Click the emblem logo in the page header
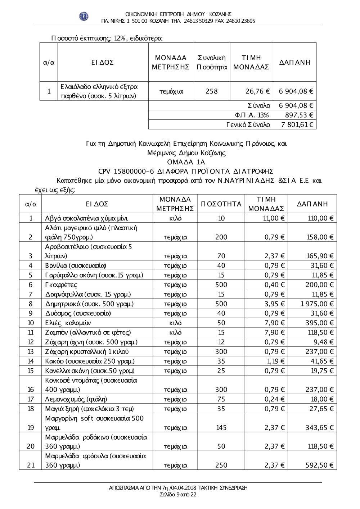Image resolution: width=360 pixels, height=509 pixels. coord(84,16)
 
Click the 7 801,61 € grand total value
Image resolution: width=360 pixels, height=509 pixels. coord(296,125)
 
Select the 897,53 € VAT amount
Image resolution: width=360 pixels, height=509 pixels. coord(299,115)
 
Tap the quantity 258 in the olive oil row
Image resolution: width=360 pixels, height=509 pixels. coord(212,91)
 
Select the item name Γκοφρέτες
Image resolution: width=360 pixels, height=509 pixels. coord(61,285)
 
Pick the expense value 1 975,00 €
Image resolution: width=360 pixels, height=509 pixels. coord(317,304)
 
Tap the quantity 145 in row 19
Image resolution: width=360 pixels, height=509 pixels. coord(221,428)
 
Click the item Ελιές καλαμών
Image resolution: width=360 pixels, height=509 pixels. coord(68,323)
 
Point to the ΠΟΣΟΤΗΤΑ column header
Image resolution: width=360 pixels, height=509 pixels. coord(221,204)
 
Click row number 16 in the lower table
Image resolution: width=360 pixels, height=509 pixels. coord(31,390)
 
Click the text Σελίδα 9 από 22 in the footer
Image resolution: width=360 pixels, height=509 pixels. coord(178,495)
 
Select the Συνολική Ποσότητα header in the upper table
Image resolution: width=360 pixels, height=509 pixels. coord(212,62)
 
